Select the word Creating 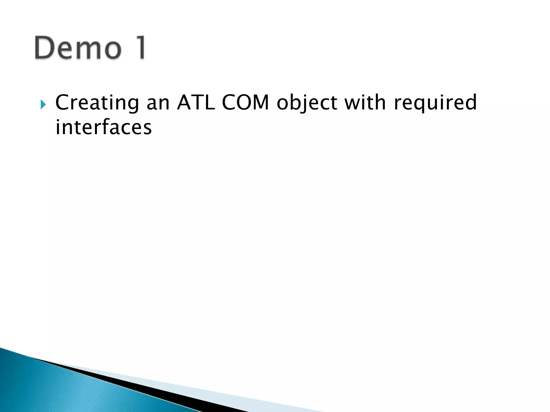pyautogui.click(x=97, y=103)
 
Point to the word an pyautogui.click(x=158, y=103)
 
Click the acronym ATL pyautogui.click(x=196, y=102)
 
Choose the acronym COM pyautogui.click(x=245, y=102)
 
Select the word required pyautogui.click(x=435, y=103)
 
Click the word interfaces pyautogui.click(x=104, y=127)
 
